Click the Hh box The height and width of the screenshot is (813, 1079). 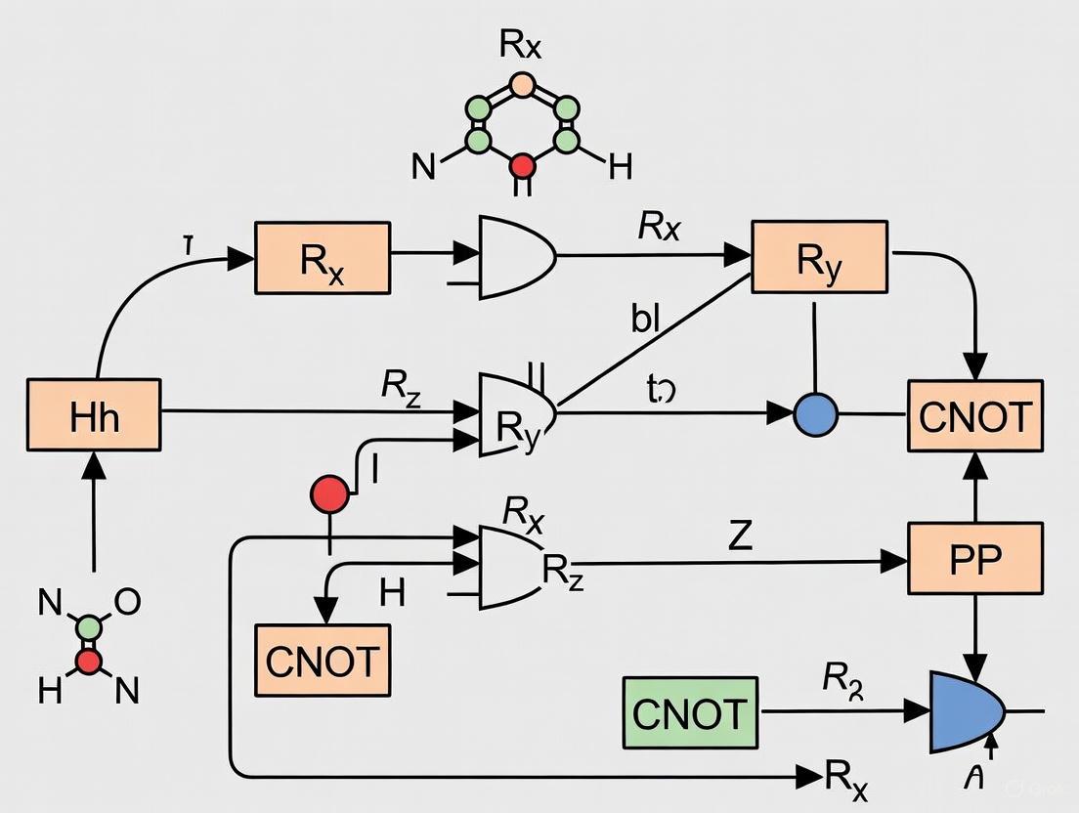(95, 417)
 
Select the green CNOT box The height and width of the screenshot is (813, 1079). (690, 713)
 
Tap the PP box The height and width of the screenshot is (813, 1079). (975, 559)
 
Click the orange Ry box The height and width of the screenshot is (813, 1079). (819, 257)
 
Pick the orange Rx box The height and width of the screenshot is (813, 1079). (323, 258)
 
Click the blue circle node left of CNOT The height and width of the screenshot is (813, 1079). (816, 414)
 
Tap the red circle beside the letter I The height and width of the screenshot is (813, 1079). (329, 494)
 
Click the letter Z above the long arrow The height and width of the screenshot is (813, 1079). (741, 535)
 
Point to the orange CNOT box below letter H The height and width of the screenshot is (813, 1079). (323, 660)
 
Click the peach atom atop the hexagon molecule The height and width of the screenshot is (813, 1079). (523, 85)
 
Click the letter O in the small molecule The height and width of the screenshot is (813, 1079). (128, 602)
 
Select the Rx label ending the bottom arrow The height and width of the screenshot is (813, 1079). (846, 778)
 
